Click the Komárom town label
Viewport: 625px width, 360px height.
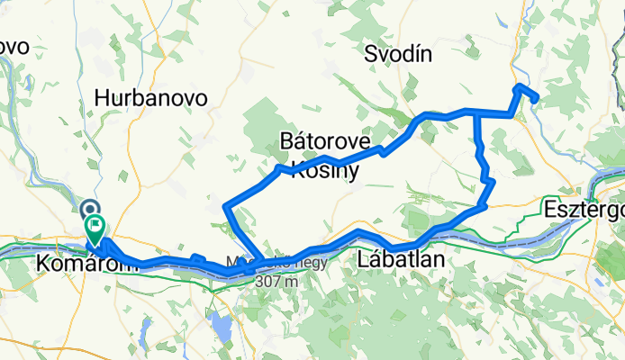tap(79, 264)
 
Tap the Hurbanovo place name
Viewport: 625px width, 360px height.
tap(151, 98)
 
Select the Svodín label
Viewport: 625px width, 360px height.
tap(398, 54)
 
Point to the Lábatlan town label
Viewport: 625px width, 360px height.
tap(402, 260)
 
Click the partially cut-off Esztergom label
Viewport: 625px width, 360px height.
tap(584, 211)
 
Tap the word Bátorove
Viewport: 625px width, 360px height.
tap(325, 142)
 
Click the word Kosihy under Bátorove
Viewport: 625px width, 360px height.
tap(325, 170)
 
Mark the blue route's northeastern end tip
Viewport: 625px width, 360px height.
tap(537, 98)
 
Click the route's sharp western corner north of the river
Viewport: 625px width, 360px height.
tap(224, 207)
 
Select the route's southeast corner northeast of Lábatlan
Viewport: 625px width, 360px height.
tap(484, 206)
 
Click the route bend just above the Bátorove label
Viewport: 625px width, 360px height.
tap(326, 158)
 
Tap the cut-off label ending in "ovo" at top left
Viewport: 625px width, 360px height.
tap(14, 46)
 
